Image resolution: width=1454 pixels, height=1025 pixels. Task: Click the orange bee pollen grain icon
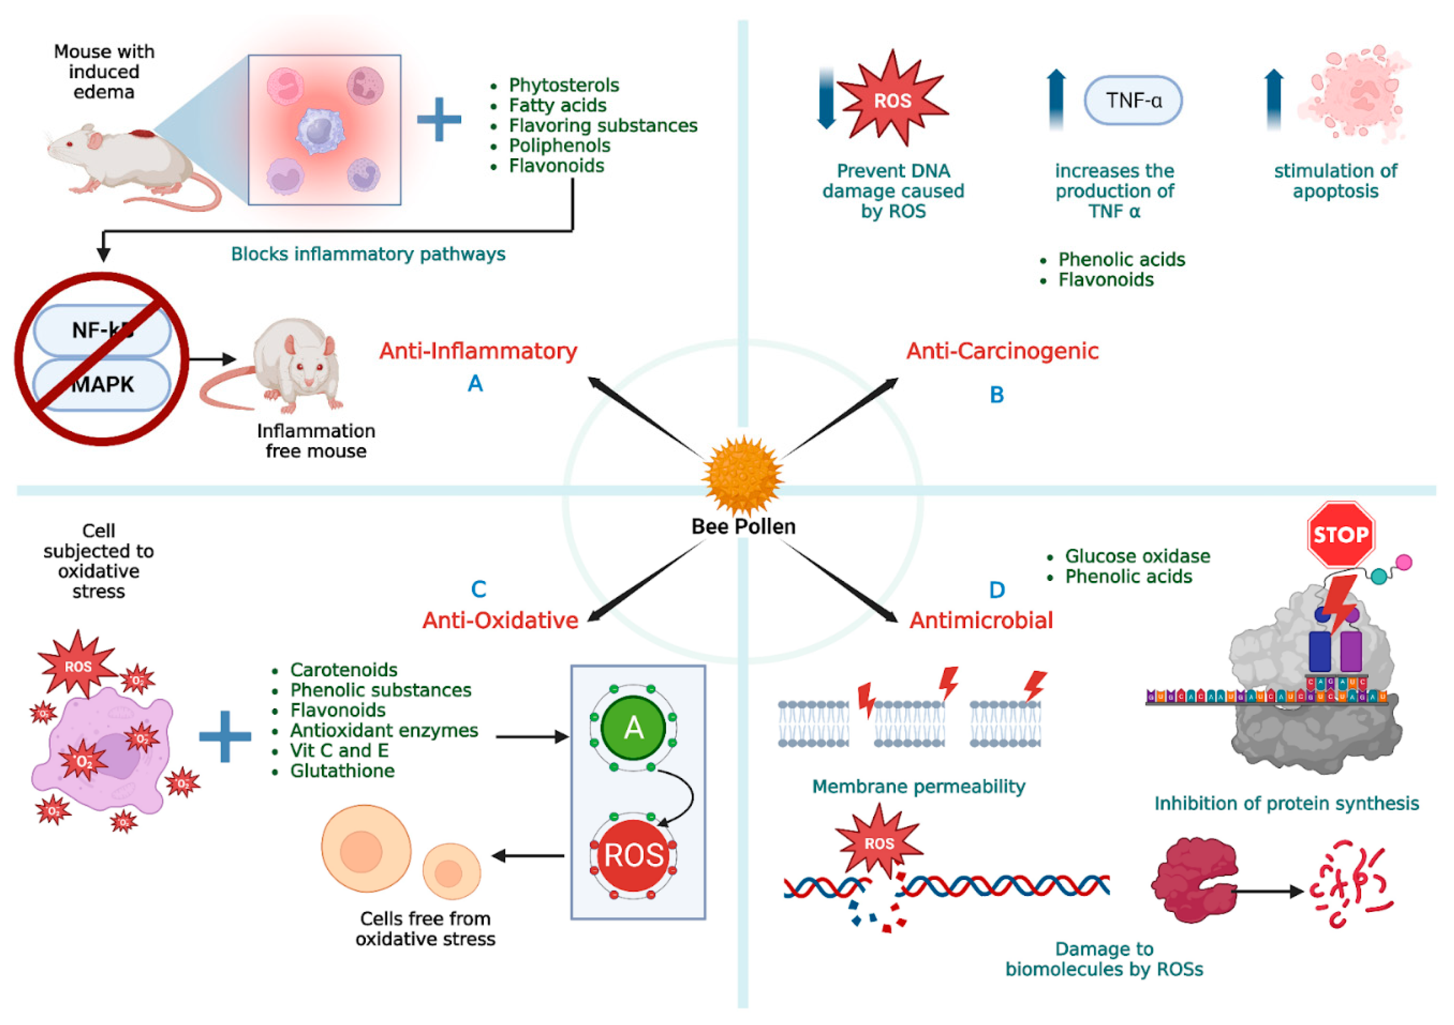pyautogui.click(x=743, y=475)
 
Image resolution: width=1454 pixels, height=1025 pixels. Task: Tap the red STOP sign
pyautogui.click(x=1341, y=535)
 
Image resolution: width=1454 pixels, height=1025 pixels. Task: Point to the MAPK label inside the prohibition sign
pyautogui.click(x=103, y=384)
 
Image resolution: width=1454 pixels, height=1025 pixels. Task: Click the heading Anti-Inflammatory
pyautogui.click(x=478, y=351)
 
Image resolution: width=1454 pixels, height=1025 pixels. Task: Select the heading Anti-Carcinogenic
pyautogui.click(x=1002, y=351)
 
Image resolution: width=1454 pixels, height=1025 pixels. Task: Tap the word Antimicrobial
pyautogui.click(x=981, y=620)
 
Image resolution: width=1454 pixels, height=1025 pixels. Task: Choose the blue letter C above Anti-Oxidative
pyautogui.click(x=479, y=589)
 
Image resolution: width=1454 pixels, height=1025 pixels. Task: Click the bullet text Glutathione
pyautogui.click(x=342, y=771)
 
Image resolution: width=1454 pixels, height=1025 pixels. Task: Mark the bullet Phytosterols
pyautogui.click(x=564, y=85)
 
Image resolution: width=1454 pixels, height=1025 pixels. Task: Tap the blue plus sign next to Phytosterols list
pyautogui.click(x=439, y=119)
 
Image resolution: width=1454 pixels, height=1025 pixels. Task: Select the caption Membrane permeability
pyautogui.click(x=918, y=787)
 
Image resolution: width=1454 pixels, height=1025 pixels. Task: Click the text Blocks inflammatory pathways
pyautogui.click(x=368, y=254)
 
